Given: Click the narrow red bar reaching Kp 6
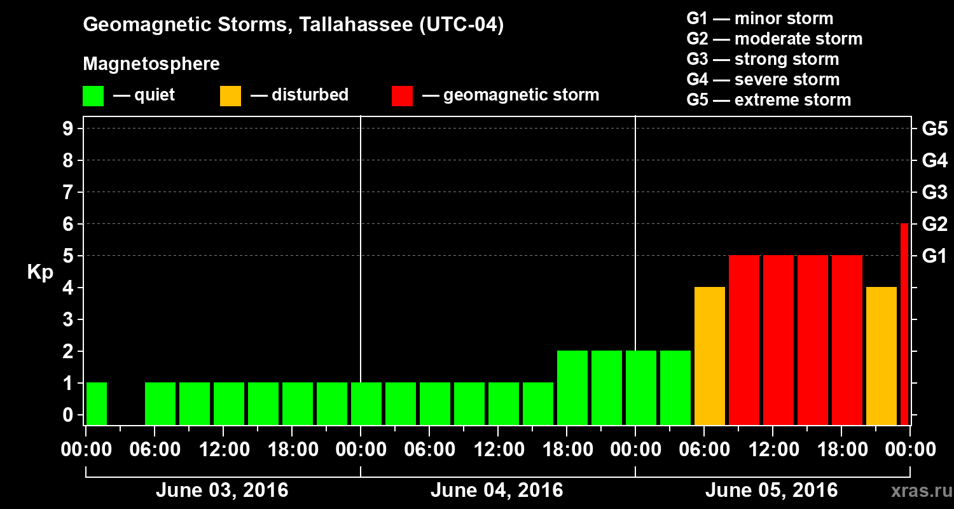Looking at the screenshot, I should [x=904, y=324].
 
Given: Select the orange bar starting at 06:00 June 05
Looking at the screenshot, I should [x=710, y=356].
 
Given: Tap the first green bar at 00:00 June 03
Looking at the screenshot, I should [x=97, y=403].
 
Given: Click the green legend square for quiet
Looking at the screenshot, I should [x=93, y=95].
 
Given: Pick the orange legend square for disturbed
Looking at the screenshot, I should [x=230, y=95].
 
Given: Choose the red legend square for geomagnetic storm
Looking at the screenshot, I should [x=402, y=95].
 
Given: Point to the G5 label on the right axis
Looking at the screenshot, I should [x=934, y=129].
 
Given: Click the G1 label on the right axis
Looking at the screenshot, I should [x=934, y=256].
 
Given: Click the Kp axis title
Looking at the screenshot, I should [x=40, y=272].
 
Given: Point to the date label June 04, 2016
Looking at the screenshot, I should [x=497, y=491].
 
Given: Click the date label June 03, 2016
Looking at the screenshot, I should [x=222, y=491].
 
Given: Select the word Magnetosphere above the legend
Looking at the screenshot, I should [x=151, y=64].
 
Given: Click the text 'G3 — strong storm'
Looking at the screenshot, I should [x=763, y=59].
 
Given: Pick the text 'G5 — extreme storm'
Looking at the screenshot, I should [x=768, y=100].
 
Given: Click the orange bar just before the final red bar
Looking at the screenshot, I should [x=881, y=356].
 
